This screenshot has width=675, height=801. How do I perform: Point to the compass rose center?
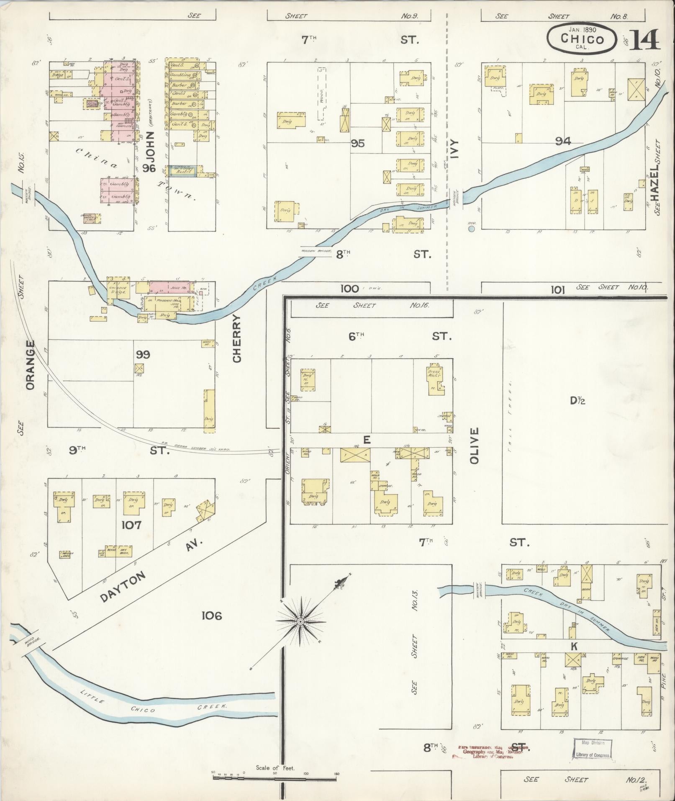click(300, 621)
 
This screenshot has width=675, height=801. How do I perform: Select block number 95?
click(358, 144)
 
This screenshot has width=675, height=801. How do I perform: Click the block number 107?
click(131, 525)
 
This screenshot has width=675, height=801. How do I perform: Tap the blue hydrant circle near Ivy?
click(472, 229)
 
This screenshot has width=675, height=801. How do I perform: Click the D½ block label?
click(577, 401)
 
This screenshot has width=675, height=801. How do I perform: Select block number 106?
click(211, 615)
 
